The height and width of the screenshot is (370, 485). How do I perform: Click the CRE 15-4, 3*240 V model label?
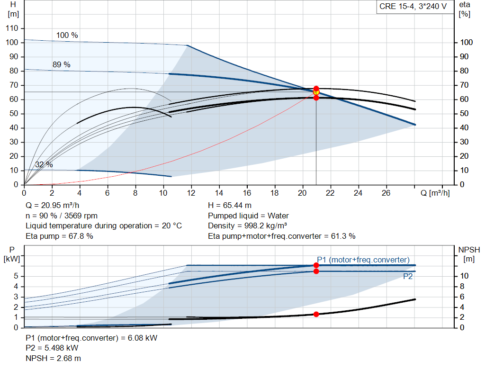(x=413, y=7)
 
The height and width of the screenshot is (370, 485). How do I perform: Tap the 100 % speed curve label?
(x=67, y=35)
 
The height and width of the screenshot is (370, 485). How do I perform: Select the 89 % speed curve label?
(x=61, y=64)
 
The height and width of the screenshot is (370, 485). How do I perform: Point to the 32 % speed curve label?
(x=44, y=164)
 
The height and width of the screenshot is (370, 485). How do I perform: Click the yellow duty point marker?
(x=316, y=92)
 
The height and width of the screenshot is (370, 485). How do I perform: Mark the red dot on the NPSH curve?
(x=316, y=314)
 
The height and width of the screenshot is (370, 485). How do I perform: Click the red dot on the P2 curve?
(x=316, y=271)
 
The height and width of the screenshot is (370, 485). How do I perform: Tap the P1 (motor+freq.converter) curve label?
(x=363, y=260)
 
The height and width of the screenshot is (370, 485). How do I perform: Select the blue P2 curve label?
(x=408, y=277)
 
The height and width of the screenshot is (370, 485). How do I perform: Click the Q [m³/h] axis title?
(x=435, y=193)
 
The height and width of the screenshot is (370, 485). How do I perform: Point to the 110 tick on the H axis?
(x=12, y=28)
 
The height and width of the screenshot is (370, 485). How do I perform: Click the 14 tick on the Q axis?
(x=219, y=193)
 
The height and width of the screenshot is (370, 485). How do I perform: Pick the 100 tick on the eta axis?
(x=467, y=42)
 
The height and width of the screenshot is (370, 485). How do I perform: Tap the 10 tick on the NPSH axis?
(x=464, y=276)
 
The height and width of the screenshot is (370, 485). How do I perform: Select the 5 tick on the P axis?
(x=16, y=276)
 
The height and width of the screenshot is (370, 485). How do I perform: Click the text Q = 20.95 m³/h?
(x=52, y=206)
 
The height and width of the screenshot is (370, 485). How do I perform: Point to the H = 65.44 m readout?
(x=230, y=206)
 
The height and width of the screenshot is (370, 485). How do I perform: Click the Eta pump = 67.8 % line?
(x=59, y=236)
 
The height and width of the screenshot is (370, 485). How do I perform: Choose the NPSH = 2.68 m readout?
(x=53, y=359)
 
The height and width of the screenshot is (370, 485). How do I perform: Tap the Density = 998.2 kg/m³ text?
(x=247, y=226)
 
